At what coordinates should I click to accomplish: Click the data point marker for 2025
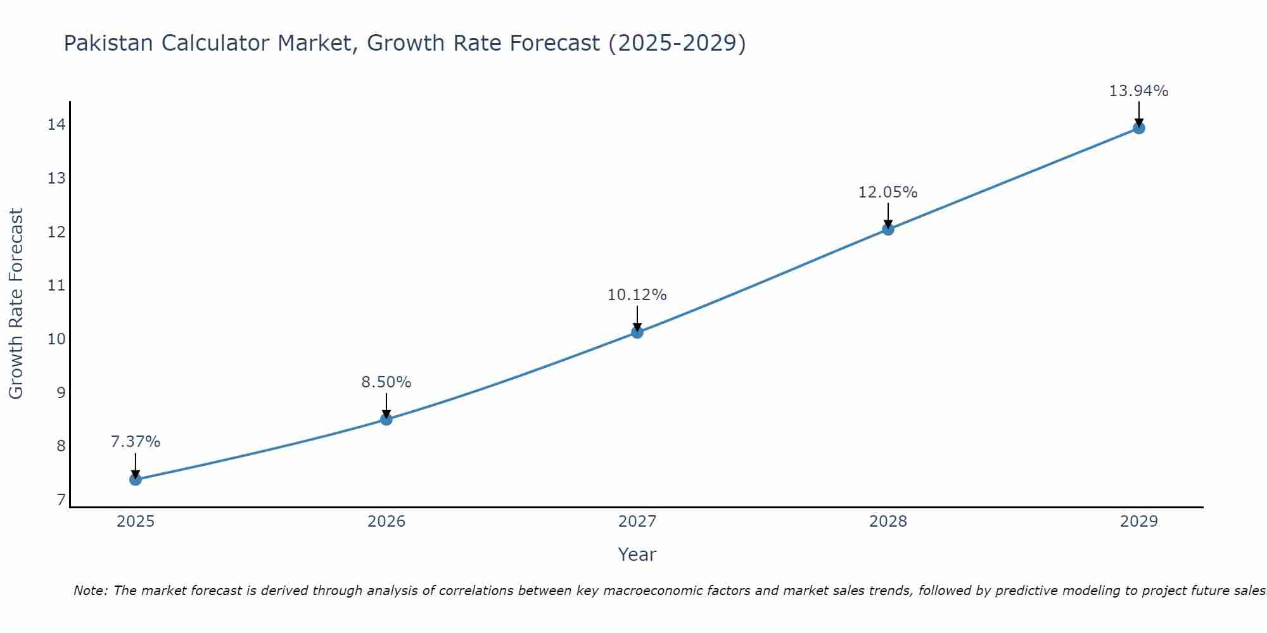(x=135, y=479)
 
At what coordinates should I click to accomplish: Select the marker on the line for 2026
(x=386, y=419)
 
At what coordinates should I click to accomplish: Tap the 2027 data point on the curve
(x=637, y=332)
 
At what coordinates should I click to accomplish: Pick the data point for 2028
(x=888, y=229)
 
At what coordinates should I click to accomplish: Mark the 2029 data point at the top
(x=1138, y=128)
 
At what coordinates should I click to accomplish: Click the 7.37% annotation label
(x=135, y=442)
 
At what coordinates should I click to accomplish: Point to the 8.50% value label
(x=386, y=382)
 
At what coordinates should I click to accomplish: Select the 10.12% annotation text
(x=637, y=295)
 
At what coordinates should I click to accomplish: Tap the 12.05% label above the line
(x=888, y=192)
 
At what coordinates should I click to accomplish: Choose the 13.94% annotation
(x=1138, y=91)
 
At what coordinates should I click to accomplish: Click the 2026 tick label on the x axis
(x=386, y=522)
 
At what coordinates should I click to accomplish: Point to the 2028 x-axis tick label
(x=888, y=522)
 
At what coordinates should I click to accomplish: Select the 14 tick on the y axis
(x=56, y=125)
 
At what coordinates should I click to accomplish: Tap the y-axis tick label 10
(x=56, y=339)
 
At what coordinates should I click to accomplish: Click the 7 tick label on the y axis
(x=60, y=500)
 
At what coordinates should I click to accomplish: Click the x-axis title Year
(x=637, y=555)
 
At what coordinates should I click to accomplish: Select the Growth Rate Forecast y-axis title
(x=16, y=304)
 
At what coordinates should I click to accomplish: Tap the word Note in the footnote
(x=90, y=591)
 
